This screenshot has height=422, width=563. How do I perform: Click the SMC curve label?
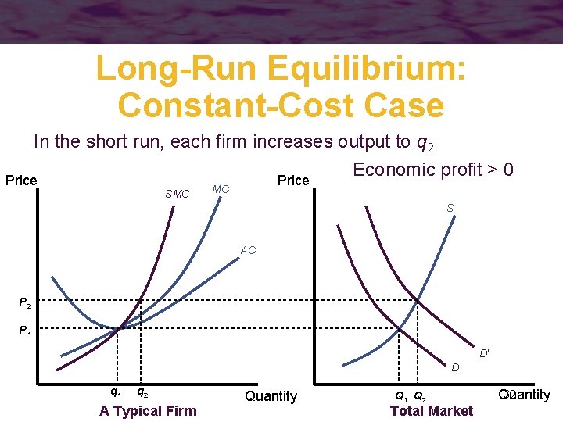click(178, 194)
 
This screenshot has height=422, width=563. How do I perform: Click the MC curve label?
click(221, 189)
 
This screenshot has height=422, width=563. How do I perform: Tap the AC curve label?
click(248, 251)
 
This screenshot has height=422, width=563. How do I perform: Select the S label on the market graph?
click(450, 208)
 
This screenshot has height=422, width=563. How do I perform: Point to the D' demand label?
click(485, 354)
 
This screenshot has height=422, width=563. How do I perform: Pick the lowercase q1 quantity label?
click(116, 392)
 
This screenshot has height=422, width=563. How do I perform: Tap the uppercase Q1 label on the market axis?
click(400, 396)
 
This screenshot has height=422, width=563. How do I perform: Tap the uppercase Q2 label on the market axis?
click(420, 396)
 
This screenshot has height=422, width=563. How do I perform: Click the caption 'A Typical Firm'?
click(148, 410)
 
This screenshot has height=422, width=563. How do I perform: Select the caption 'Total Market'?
click(431, 410)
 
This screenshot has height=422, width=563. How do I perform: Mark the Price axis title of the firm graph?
click(21, 181)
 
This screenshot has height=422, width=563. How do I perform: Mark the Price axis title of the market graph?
click(293, 181)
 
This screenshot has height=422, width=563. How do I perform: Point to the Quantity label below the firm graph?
click(271, 396)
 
